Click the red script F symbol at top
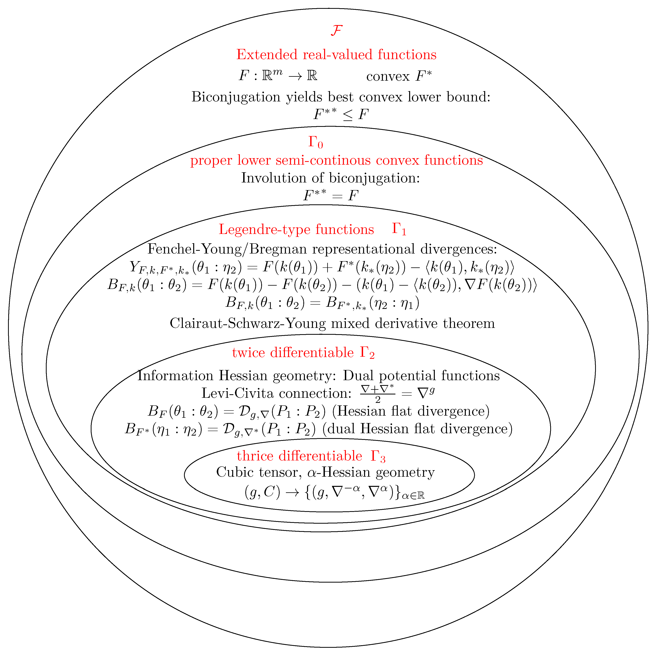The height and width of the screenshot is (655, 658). [x=336, y=31]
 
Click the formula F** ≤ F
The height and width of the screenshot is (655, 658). [x=341, y=114]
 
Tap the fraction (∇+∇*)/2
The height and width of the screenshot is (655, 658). [x=377, y=393]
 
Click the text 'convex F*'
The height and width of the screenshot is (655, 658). [x=399, y=76]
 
